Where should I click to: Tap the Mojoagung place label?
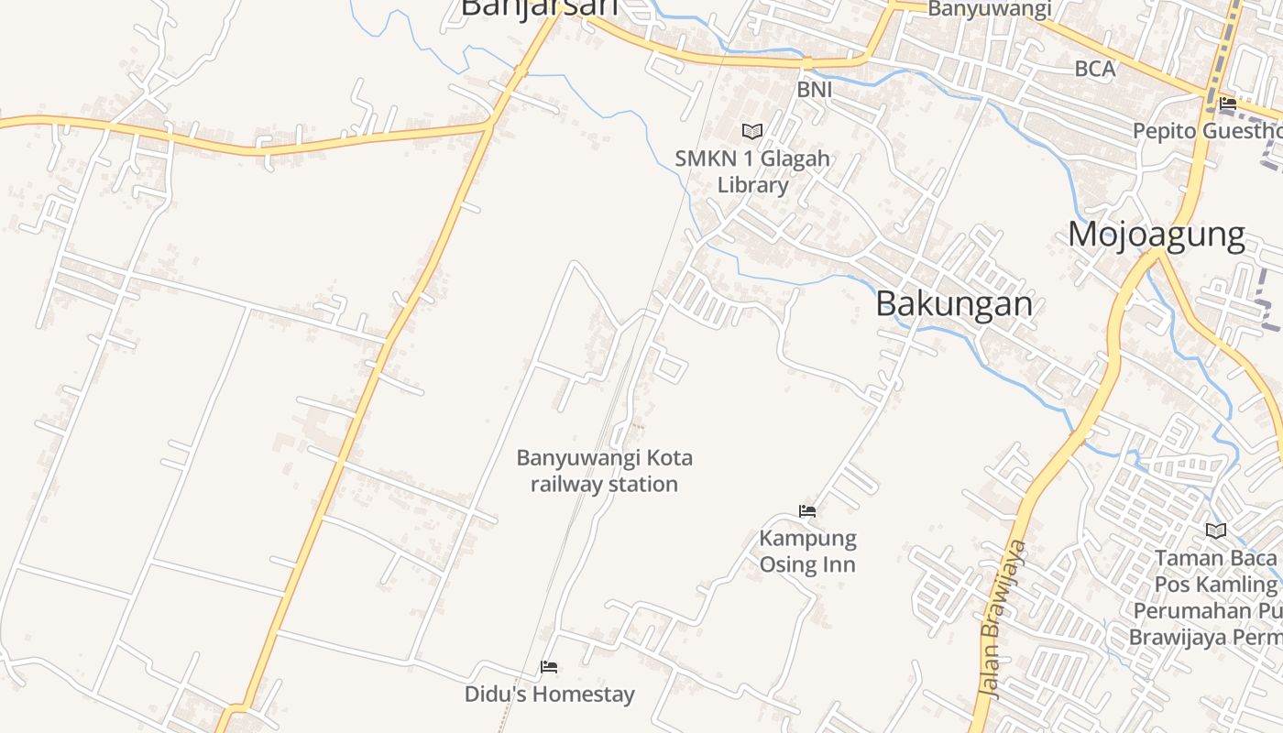click(x=1156, y=235)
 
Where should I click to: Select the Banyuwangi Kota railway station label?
click(x=604, y=470)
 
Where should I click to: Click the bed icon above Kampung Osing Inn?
click(x=807, y=511)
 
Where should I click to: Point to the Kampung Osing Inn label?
click(x=807, y=551)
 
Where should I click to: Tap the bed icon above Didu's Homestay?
click(x=549, y=667)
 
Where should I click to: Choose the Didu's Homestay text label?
click(x=549, y=694)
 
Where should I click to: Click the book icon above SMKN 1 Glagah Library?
click(x=752, y=132)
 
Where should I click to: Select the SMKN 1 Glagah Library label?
click(x=752, y=171)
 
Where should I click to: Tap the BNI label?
click(x=814, y=89)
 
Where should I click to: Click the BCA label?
click(x=1094, y=69)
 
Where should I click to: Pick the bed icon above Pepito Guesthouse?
click(x=1228, y=104)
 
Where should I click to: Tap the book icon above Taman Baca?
click(x=1216, y=531)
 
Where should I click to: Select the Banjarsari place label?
click(x=539, y=7)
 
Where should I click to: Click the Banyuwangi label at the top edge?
click(x=990, y=9)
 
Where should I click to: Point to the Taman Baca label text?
click(x=1214, y=558)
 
